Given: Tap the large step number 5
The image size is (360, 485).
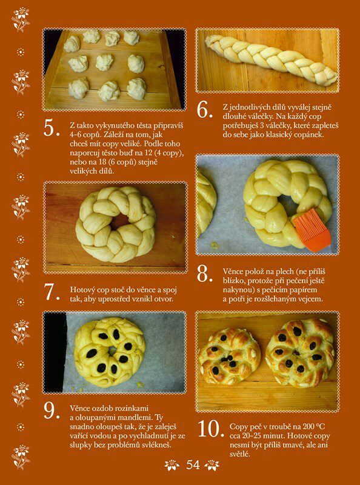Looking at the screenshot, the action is pos(52,127).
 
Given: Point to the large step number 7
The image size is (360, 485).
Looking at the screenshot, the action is pos(52,292).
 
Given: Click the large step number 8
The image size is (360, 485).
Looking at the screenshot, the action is pos(205,273).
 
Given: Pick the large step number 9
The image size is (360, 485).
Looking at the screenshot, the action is pos(52,410).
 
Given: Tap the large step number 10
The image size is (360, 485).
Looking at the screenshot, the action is pos(211,429).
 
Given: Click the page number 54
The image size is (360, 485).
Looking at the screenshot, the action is pos(193,464).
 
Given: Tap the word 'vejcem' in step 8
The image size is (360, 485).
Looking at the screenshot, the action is pos(310,299).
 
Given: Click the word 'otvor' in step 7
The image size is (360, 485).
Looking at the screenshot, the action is pos(166,299).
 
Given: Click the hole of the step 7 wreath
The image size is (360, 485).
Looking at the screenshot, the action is pos(119,221).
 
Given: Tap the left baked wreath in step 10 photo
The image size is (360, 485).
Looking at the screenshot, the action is pos(229,356).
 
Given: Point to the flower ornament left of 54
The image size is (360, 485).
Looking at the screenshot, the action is pos(172,465).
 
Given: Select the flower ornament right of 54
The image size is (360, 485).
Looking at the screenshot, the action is pos(212,465).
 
